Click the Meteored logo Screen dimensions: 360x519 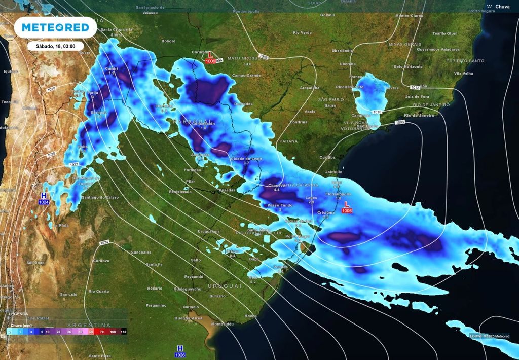(x=55, y=27)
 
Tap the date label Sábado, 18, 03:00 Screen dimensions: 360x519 (x=55, y=46)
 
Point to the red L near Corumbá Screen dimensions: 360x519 (x=210, y=55)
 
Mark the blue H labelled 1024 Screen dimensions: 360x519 (x=44, y=196)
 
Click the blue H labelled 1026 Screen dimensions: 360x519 (x=179, y=348)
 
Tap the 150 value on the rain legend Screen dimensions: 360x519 (x=123, y=331)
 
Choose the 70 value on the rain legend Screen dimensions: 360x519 (x=101, y=331)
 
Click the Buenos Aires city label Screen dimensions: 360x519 (x=186, y=318)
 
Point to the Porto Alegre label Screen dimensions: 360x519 (x=298, y=236)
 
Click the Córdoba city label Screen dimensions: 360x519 (x=101, y=261)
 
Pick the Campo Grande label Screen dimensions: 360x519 (x=246, y=76)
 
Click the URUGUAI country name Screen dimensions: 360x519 (x=224, y=286)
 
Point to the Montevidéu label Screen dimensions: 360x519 (x=223, y=323)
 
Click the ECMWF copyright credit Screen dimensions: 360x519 (x=489, y=336)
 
